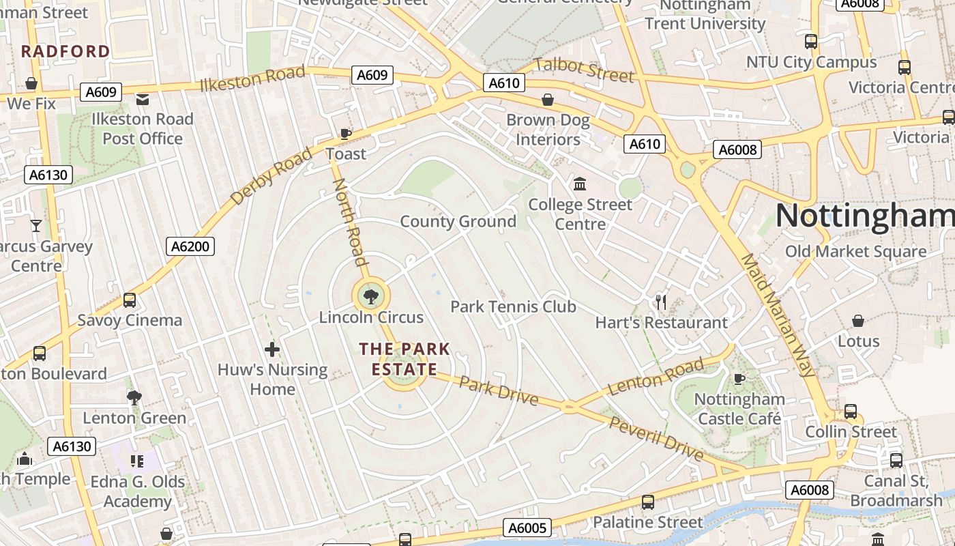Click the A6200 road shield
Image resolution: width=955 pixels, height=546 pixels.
pos(190,246)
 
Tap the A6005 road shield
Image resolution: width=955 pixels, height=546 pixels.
pos(527,528)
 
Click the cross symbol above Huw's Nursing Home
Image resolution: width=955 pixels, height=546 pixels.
pos(272,350)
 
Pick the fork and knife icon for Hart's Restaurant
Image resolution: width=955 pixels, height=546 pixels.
pos(660,302)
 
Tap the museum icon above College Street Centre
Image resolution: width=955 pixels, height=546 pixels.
pos(580,184)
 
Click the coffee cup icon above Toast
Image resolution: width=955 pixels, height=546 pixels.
pos(346,133)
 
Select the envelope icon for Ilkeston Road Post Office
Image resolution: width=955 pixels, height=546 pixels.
pos(142,100)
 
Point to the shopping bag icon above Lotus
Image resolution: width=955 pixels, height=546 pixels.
pos(858,320)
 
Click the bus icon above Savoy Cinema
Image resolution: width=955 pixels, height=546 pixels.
pos(129,300)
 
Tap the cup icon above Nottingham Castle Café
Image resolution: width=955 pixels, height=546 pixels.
pos(738,378)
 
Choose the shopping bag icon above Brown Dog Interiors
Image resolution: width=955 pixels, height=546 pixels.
pos(547,100)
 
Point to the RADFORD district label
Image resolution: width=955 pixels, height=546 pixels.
pos(65,51)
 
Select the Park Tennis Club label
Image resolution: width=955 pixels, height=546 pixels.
pos(513,306)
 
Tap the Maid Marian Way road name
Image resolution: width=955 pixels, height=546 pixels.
pos(778,315)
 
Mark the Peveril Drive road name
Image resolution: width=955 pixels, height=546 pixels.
pos(656,440)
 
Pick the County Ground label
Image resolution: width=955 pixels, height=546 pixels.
pos(458,221)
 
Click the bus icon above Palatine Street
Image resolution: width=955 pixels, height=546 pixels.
pos(647,502)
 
